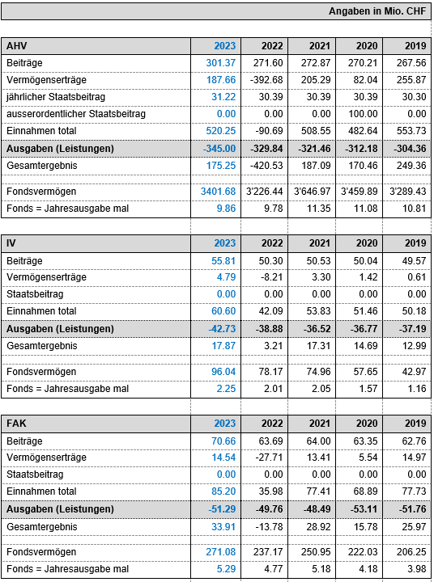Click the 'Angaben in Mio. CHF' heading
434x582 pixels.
tap(377, 11)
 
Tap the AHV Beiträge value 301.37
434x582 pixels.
tap(221, 63)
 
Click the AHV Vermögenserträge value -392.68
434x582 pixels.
tap(266, 80)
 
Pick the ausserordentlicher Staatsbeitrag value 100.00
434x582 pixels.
tap(363, 114)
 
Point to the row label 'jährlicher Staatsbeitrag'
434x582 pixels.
tap(56, 97)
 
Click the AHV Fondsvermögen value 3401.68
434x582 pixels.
tap(219, 191)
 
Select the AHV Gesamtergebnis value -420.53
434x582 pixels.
tap(266, 166)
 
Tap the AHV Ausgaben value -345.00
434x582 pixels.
tap(219, 149)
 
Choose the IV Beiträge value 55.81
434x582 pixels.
tap(223, 260)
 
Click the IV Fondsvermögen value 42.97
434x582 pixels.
tap(414, 372)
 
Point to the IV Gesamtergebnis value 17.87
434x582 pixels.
tap(223, 346)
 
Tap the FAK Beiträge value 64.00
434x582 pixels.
tap(319, 441)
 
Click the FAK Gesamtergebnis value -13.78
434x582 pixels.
tap(269, 527)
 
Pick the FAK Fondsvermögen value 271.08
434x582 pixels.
tap(221, 552)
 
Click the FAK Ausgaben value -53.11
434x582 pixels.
tap(364, 509)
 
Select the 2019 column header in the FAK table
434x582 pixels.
tap(415, 423)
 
